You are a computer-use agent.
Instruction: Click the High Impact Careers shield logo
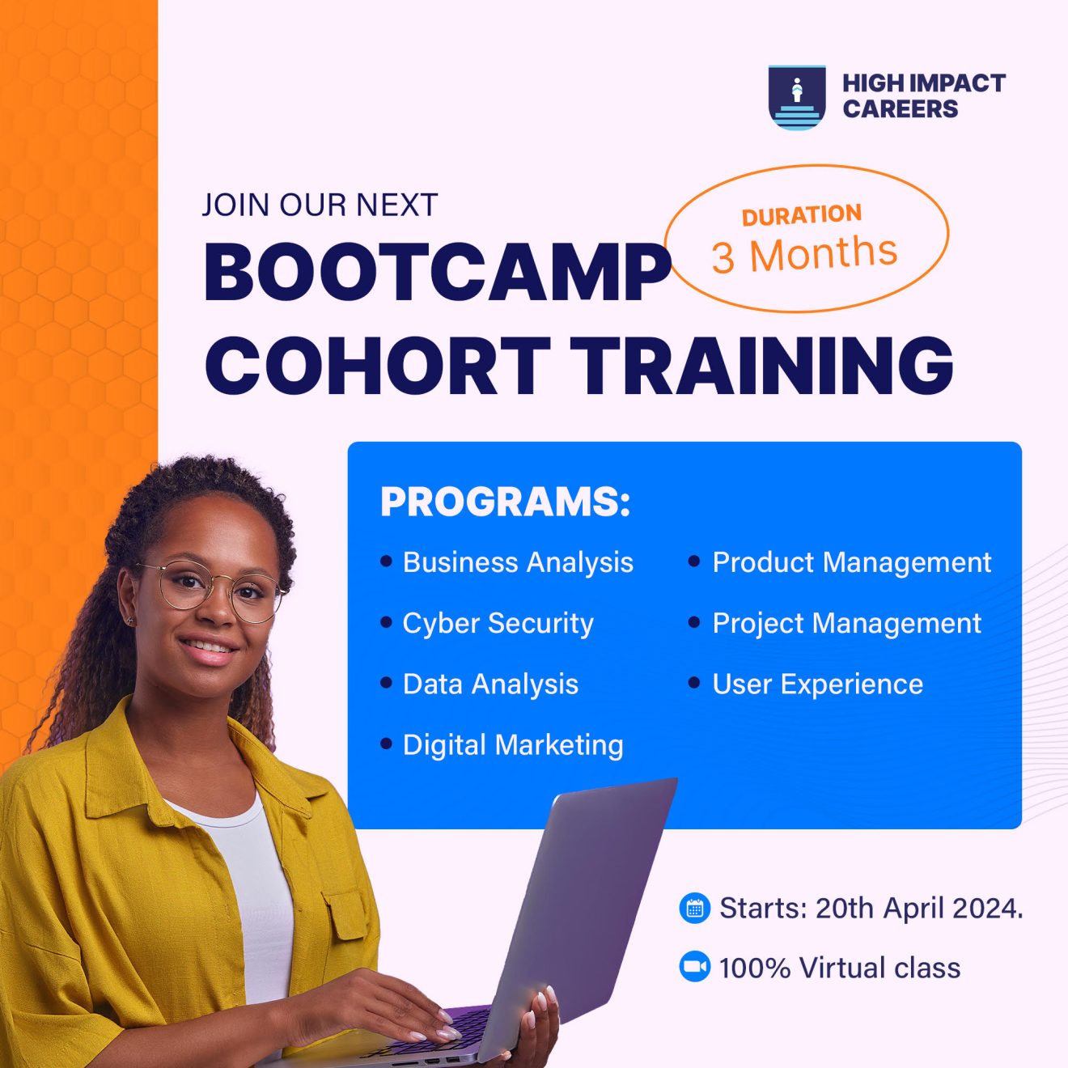click(797, 97)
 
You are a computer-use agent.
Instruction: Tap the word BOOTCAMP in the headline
click(438, 272)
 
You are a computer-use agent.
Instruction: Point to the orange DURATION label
click(802, 215)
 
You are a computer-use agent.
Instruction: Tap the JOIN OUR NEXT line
click(320, 206)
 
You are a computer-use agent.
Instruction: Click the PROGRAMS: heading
click(505, 502)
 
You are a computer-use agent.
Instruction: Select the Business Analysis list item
click(518, 562)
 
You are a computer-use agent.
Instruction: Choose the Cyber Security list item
click(498, 623)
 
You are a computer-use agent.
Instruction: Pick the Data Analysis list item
click(490, 684)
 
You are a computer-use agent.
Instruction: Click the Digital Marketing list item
click(513, 745)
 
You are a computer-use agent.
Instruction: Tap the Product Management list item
click(851, 562)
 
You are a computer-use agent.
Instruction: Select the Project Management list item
click(846, 623)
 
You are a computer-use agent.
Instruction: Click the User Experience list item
click(817, 684)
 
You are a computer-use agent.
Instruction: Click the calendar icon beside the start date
click(694, 908)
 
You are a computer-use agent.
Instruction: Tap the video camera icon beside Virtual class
click(694, 967)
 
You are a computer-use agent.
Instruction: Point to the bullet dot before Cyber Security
click(386, 622)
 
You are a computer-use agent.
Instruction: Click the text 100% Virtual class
click(839, 968)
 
